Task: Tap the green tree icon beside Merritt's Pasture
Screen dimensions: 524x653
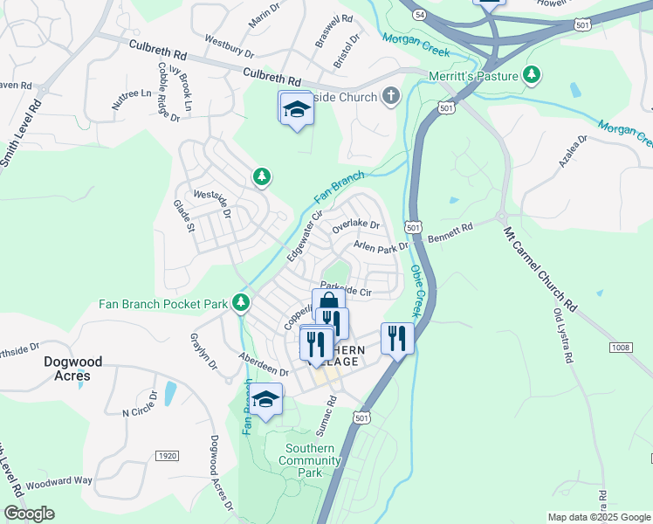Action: click(x=530, y=75)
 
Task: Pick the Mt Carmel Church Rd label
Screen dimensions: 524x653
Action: click(x=541, y=271)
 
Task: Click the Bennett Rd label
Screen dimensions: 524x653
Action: click(x=450, y=231)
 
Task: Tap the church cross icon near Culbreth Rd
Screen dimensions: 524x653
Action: click(x=391, y=96)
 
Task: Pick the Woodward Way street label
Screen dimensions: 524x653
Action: click(x=58, y=482)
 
